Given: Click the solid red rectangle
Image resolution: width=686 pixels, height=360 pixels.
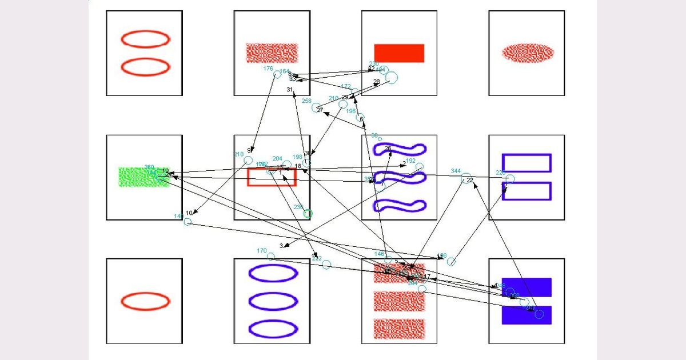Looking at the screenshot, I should [399, 53].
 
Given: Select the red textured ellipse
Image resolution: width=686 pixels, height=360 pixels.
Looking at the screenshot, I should [528, 53].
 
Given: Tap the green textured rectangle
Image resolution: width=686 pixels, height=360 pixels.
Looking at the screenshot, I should [143, 177].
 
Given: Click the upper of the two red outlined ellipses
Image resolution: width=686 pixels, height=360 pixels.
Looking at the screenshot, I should [145, 39].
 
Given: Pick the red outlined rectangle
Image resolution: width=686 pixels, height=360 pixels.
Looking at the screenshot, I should [272, 177].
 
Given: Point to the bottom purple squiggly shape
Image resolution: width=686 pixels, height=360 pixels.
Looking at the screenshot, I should [399, 205].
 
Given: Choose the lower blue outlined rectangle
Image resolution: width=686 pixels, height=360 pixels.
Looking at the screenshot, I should [527, 191].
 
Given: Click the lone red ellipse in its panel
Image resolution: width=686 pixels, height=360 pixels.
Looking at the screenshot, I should [145, 301].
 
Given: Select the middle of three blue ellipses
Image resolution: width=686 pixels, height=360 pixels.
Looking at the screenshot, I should [273, 301].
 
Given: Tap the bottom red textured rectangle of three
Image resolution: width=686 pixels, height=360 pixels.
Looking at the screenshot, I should [399, 328].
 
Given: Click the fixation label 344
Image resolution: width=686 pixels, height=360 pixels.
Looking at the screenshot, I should [456, 171].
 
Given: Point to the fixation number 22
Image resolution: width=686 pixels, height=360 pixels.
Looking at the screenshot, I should [470, 181].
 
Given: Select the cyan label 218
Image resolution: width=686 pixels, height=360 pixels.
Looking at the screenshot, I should [239, 154].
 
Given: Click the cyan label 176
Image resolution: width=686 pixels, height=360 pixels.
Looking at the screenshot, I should [268, 69].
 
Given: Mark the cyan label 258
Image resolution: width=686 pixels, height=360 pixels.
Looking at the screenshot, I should [306, 101].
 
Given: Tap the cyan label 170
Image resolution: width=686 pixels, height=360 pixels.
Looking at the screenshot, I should [262, 251].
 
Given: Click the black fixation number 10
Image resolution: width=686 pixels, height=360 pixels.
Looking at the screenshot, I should [189, 213].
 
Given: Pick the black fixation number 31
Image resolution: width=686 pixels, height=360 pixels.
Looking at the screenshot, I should [290, 90].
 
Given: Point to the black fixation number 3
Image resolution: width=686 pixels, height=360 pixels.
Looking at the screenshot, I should [281, 246].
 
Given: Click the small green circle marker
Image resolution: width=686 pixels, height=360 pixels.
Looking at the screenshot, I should [308, 214].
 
